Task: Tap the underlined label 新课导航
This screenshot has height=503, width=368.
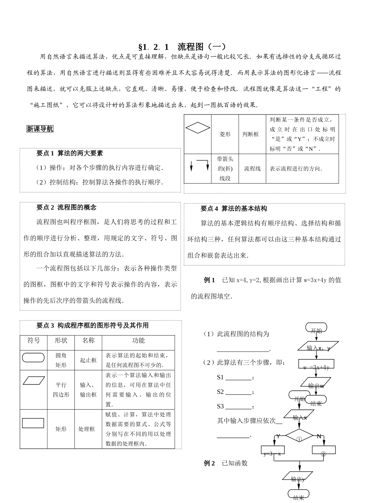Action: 40,129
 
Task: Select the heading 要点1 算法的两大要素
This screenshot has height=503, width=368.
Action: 70,153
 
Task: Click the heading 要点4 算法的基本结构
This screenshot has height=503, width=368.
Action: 234,208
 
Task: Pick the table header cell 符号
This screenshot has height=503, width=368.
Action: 34,341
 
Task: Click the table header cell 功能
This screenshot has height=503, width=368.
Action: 138,341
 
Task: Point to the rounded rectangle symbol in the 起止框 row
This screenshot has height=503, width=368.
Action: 33,358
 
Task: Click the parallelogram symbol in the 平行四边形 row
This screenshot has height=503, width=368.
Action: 34,381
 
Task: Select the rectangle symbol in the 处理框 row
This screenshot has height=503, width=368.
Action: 33,423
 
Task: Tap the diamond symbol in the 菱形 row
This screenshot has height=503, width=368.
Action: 198,127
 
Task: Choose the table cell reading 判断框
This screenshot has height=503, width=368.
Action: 251,134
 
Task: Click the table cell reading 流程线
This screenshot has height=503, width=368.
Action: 252,169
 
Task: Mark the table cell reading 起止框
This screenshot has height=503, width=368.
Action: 88,360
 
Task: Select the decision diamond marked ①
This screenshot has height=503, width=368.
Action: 299,436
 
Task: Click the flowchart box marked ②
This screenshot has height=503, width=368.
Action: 323,450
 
